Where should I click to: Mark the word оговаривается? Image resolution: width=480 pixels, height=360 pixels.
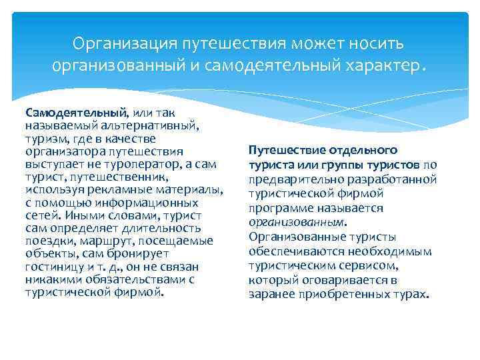click(x=340, y=280)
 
